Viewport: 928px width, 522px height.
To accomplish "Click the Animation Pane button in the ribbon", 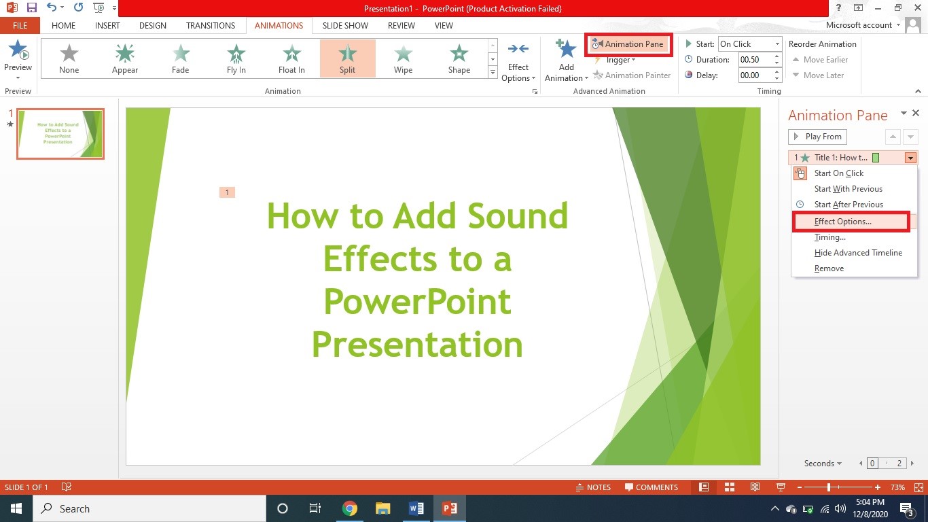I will pos(629,44).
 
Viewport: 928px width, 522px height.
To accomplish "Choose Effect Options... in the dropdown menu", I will pos(842,222).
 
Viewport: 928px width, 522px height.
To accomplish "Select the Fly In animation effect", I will pos(236,58).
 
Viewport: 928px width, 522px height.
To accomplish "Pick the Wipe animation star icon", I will pos(403,54).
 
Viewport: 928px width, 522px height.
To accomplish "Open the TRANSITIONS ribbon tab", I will pos(211,26).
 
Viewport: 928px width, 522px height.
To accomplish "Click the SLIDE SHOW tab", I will pos(345,26).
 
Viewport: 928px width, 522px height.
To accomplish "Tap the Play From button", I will pos(817,137).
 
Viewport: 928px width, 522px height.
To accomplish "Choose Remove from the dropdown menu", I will pos(829,268).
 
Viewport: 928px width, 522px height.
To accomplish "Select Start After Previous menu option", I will pos(849,205).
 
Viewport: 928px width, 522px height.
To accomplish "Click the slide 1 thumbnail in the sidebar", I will pos(60,134).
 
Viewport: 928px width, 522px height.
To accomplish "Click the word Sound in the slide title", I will pos(518,216).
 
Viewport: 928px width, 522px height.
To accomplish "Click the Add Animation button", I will pos(566,60).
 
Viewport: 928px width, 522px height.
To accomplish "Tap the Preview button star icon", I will pos(18,50).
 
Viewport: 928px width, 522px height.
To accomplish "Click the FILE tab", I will pos(20,26).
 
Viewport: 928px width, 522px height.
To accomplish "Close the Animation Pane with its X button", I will pos(916,114).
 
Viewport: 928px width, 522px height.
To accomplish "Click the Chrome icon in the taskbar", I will pos(350,508).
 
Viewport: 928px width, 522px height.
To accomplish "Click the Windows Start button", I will pos(16,508).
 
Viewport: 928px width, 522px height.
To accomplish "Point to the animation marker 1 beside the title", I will pos(227,192).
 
